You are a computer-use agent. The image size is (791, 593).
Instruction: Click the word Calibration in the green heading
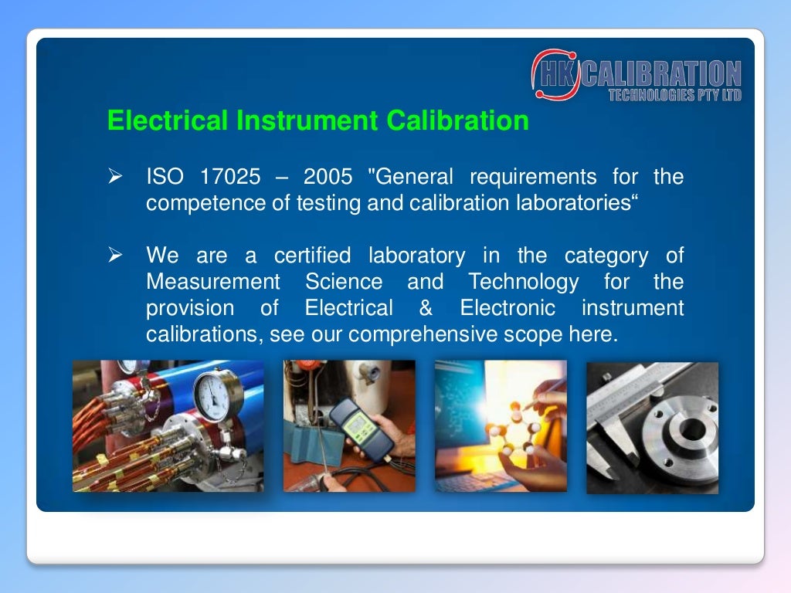click(457, 121)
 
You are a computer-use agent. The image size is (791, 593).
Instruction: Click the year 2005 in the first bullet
click(328, 177)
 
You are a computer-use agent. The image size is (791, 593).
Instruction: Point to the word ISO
click(165, 177)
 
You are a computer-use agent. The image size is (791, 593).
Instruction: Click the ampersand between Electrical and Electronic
click(426, 308)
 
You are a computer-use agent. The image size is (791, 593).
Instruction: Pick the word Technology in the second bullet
click(523, 282)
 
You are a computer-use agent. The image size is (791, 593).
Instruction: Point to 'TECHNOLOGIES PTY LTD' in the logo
click(674, 95)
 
